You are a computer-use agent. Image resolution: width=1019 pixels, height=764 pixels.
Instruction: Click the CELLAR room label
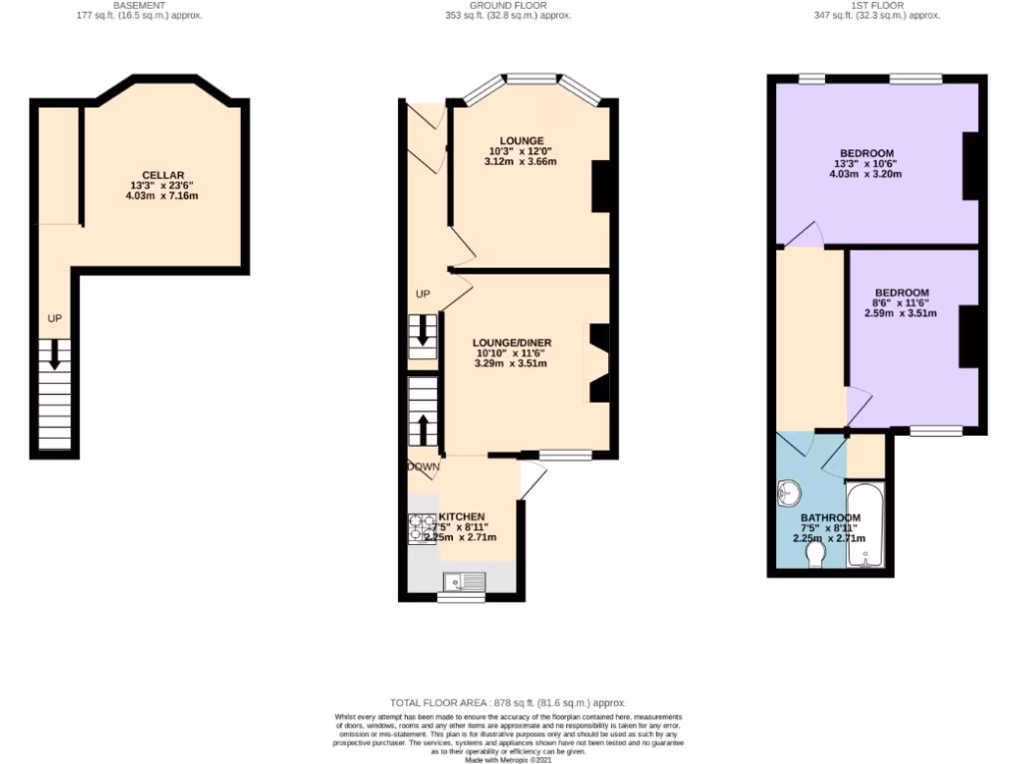coord(162,175)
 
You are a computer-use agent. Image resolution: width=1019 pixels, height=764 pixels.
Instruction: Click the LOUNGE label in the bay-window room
coord(520,140)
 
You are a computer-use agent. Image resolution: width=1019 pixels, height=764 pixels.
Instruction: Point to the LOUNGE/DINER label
coord(511,343)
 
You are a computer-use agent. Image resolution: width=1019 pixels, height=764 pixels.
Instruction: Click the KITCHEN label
coord(462,517)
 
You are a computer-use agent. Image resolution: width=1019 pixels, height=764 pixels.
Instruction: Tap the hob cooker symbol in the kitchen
coord(416,528)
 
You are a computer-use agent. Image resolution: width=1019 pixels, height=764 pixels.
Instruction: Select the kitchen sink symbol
coord(465,580)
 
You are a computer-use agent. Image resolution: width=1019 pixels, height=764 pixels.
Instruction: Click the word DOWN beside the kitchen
coord(423,466)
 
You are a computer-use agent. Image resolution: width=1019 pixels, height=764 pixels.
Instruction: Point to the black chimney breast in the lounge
coord(602,186)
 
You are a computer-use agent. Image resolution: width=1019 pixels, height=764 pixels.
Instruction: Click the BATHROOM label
coord(830,518)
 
